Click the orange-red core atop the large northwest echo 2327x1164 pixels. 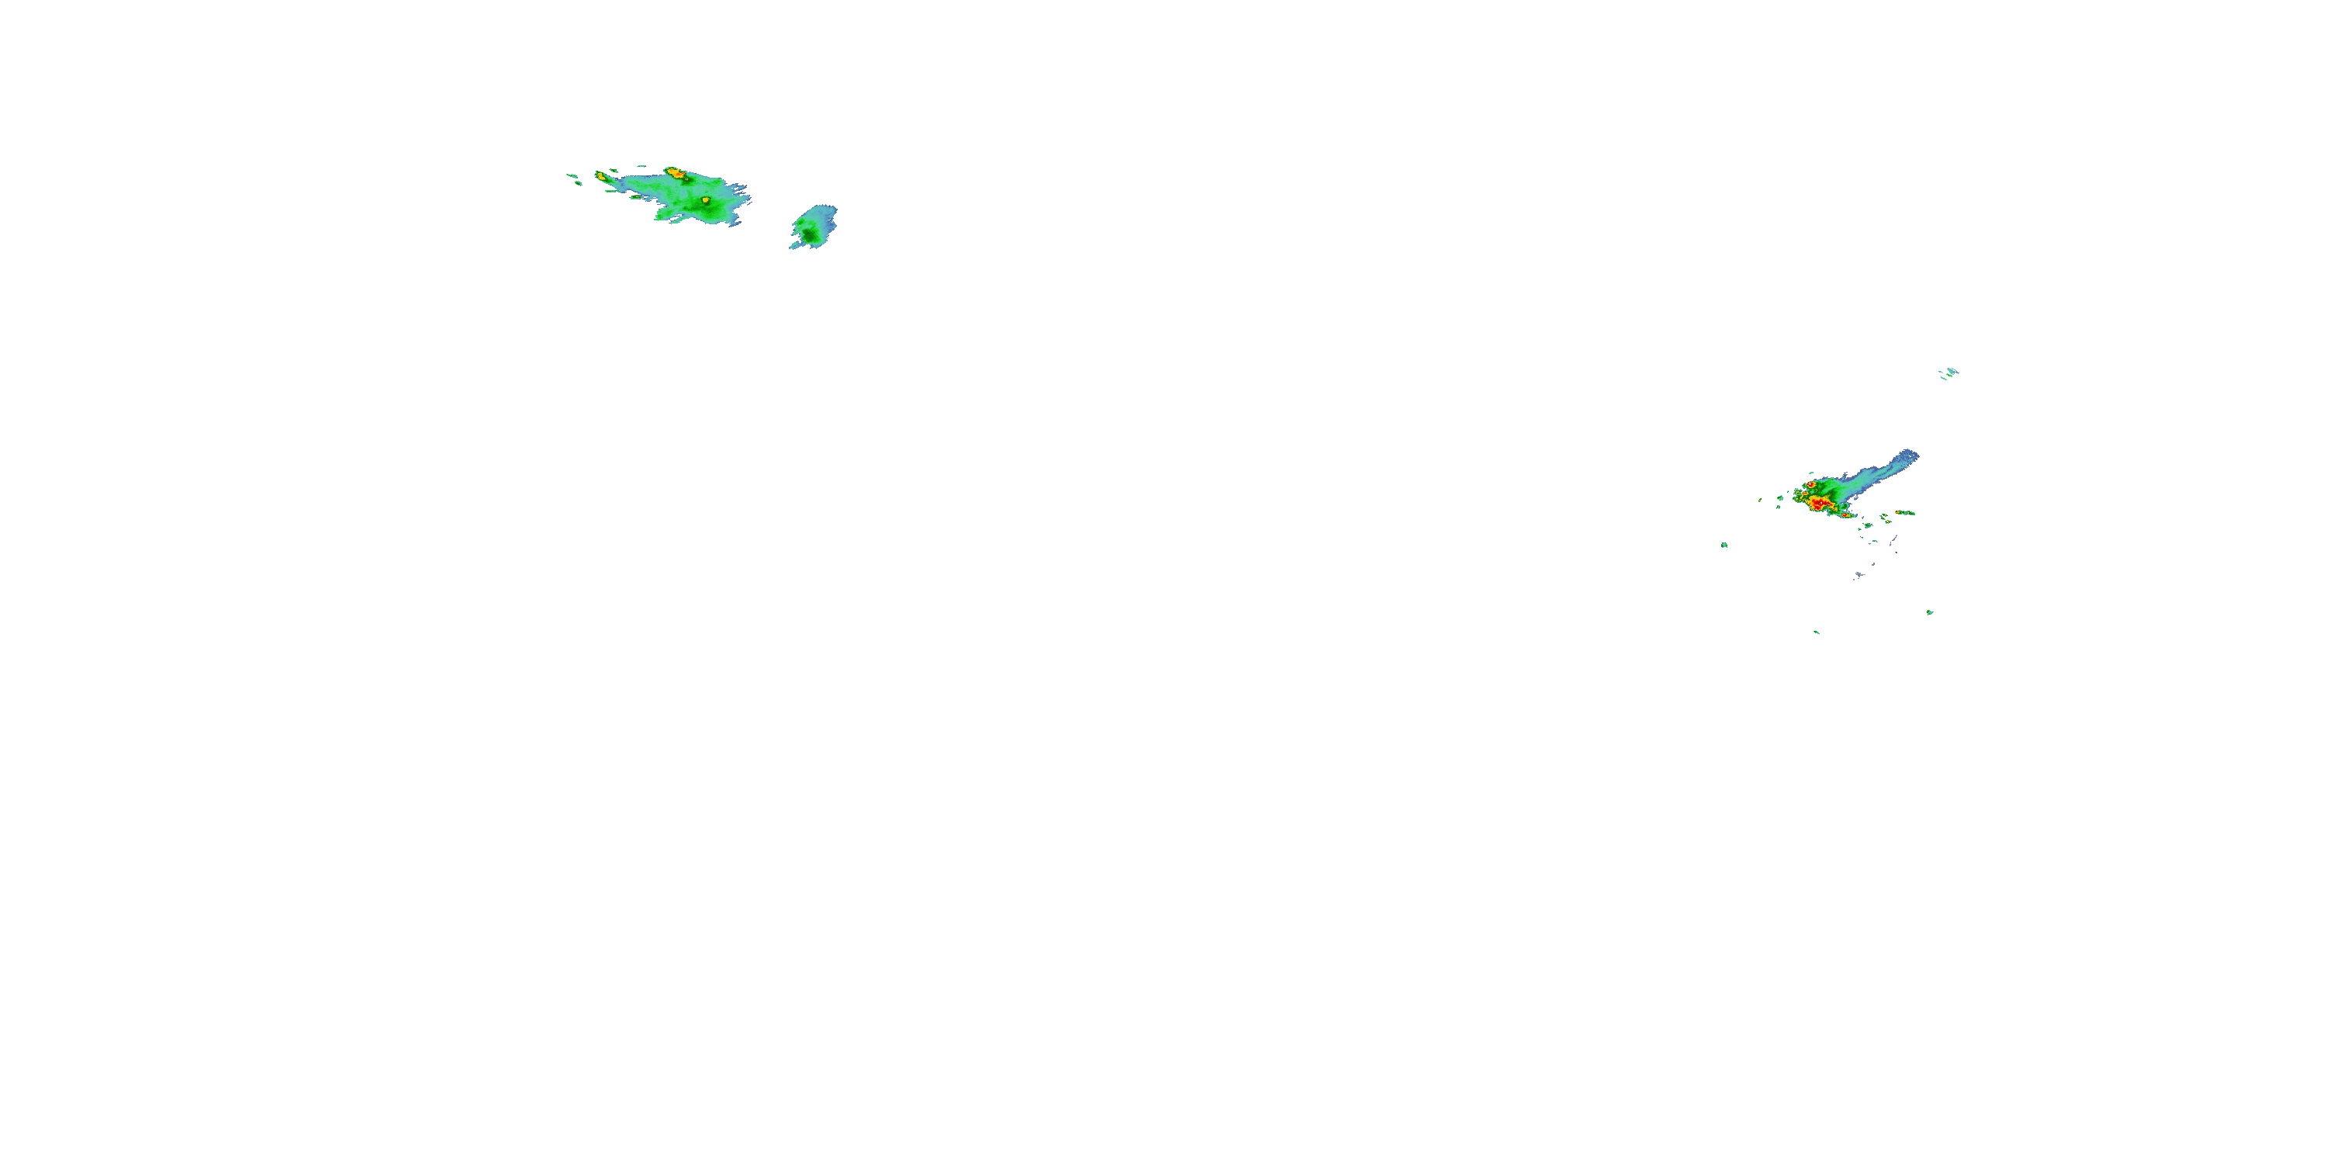675,171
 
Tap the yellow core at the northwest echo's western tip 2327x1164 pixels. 600,175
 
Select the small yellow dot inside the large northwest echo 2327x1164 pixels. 706,199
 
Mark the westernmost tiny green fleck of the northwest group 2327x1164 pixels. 569,175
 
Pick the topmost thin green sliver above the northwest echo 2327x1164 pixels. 641,165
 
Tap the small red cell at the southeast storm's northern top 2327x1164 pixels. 1811,484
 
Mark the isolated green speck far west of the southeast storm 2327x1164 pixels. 1724,545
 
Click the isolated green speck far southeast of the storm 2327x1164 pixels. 1930,611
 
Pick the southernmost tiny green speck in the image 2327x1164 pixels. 1817,632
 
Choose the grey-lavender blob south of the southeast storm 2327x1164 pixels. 1859,574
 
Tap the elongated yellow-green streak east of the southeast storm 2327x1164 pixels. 1905,512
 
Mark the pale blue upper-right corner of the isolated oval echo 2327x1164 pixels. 831,210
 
